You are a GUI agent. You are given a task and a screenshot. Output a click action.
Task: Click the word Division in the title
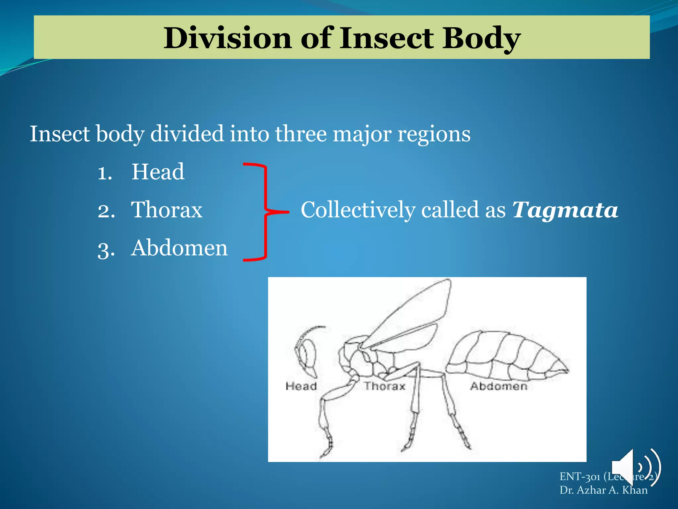(227, 38)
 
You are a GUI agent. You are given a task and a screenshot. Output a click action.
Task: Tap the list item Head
(158, 172)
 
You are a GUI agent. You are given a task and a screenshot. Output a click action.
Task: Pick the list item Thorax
(167, 210)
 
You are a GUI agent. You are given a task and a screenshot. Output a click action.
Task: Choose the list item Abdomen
(179, 248)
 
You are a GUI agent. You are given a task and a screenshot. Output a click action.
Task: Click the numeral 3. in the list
(106, 249)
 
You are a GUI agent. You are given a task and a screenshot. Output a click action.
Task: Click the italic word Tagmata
(565, 210)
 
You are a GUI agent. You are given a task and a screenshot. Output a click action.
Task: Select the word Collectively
(358, 210)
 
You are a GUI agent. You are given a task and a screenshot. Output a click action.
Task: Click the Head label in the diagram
(301, 386)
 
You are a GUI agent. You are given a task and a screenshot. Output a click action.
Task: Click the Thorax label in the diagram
(385, 386)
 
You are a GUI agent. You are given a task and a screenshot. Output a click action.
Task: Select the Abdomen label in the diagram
(499, 386)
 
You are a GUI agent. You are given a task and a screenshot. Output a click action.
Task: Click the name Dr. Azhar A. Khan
(603, 490)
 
